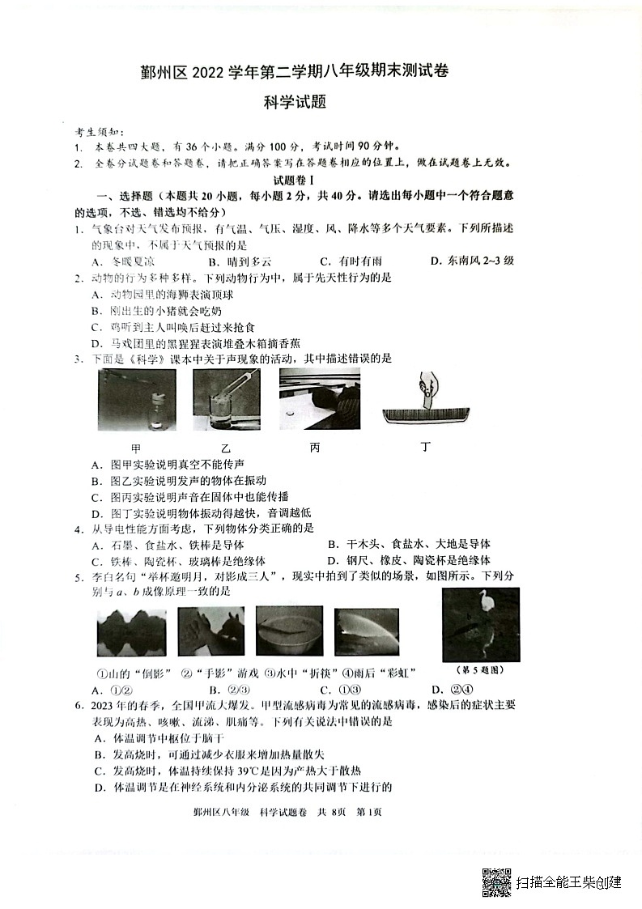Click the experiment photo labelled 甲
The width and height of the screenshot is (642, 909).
[x=136, y=401]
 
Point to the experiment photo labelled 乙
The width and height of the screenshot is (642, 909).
[x=227, y=401]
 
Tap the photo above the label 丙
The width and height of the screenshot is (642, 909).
[x=319, y=397]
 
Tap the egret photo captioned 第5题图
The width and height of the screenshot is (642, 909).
[x=481, y=624]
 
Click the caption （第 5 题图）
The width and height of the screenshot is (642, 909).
[x=481, y=669]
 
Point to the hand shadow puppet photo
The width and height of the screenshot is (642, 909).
[x=207, y=631]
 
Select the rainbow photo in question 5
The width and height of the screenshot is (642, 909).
[x=366, y=631]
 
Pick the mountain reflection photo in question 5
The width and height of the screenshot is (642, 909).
[x=131, y=631]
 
